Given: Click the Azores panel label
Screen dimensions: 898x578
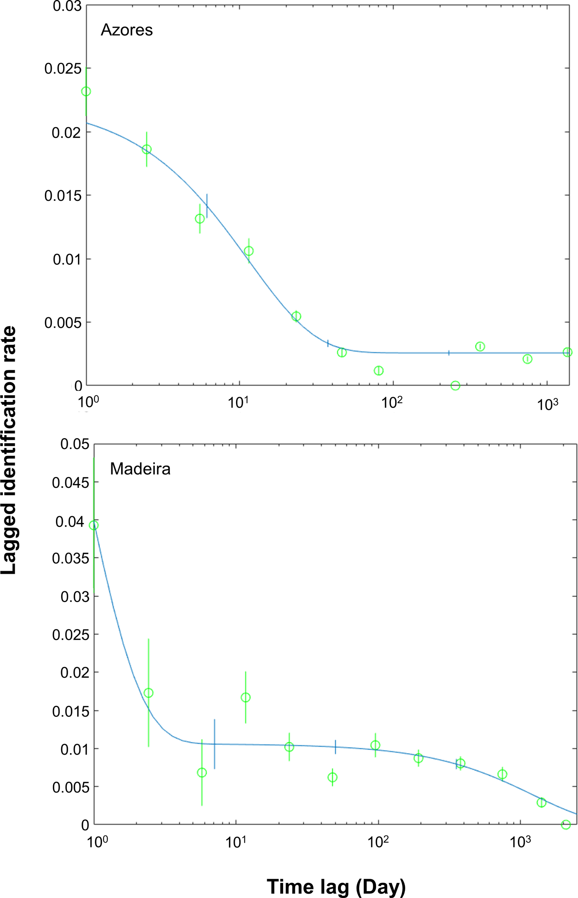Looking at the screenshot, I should click(126, 30).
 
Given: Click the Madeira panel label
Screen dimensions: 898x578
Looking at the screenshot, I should click(140, 469).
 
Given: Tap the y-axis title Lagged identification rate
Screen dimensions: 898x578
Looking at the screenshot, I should click(9, 450).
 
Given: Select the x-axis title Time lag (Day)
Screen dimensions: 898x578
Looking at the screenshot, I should click(336, 876).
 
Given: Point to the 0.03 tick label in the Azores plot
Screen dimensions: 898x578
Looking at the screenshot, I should click(67, 6).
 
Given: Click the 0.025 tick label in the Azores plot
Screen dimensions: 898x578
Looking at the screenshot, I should click(63, 69).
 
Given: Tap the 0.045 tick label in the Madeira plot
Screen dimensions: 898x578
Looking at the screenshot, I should click(70, 483).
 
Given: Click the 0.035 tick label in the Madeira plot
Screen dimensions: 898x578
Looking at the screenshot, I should click(70, 559).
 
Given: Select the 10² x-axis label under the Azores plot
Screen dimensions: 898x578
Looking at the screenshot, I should click(392, 403).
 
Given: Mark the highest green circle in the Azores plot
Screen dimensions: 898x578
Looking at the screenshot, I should click(86, 91).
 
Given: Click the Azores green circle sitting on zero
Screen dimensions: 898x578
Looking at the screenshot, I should click(455, 385).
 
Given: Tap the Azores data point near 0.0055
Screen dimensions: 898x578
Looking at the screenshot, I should click(296, 316).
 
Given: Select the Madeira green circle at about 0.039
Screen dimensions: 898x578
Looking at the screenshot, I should click(94, 525).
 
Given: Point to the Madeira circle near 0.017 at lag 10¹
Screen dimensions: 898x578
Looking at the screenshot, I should click(245, 697).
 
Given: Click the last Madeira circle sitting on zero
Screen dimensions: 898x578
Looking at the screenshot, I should click(566, 824).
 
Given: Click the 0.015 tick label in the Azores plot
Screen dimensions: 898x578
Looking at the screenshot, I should click(63, 195).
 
